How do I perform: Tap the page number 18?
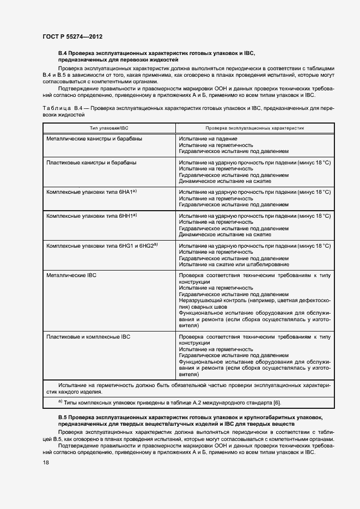point(45,462)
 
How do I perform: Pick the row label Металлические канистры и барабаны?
point(95,139)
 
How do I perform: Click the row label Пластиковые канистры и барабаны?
point(91,163)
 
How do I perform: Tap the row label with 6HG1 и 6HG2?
point(102,246)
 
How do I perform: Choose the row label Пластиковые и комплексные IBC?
point(88,337)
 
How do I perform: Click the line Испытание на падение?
point(208,139)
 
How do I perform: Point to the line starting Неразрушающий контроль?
point(254,300)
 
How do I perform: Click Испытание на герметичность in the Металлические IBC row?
point(216,288)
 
